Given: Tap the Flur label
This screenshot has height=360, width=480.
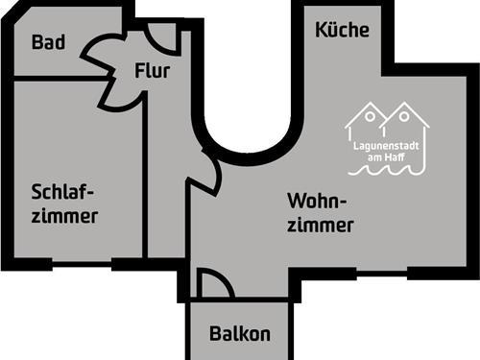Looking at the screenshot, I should pos(154,71).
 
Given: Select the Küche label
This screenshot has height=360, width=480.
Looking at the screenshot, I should pos(342,30).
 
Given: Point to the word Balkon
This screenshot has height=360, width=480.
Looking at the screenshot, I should pos(240,335).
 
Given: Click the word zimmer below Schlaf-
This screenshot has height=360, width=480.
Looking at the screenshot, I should pos(64,216).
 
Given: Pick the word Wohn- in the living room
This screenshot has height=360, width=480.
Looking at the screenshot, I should pos(317,202).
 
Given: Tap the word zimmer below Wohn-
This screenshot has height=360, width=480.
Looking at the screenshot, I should pos(321,226).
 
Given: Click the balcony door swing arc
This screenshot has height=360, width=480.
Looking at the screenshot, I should pos(214,282).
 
